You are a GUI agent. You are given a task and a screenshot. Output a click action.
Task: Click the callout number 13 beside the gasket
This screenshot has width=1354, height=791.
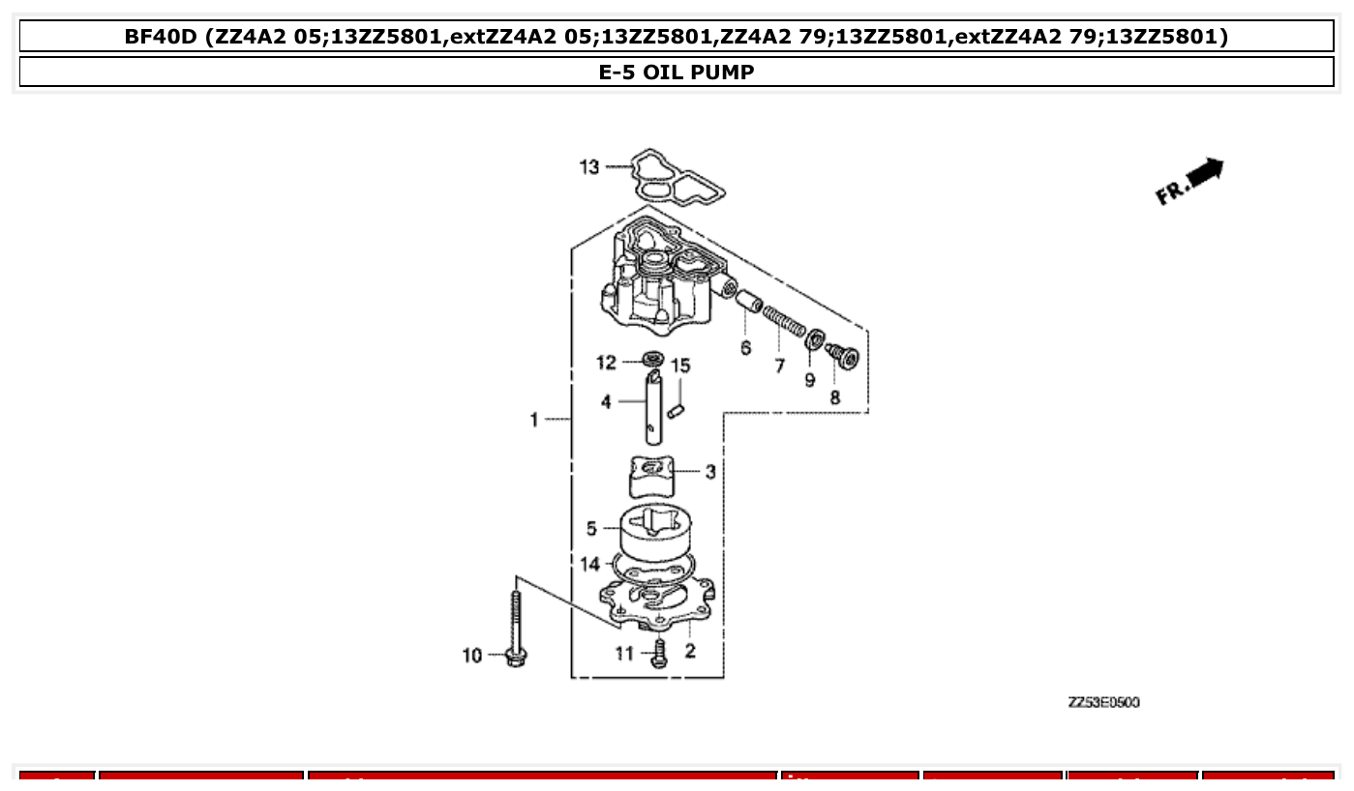589,167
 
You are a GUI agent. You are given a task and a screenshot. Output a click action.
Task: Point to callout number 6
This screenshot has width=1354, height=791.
745,347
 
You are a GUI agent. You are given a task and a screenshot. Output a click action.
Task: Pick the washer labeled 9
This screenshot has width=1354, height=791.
816,339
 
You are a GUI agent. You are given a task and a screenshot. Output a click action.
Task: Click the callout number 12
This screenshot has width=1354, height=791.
606,363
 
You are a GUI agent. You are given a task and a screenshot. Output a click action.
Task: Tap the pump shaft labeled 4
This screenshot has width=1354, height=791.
654,411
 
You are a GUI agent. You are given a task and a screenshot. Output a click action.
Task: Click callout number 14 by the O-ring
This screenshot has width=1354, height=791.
590,564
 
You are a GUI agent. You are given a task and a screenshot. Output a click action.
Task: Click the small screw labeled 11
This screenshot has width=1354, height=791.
660,653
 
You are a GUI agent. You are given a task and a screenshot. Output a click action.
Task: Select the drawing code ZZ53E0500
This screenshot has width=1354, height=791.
1103,702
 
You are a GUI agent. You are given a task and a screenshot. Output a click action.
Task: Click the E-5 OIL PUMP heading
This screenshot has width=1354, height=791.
677,72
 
